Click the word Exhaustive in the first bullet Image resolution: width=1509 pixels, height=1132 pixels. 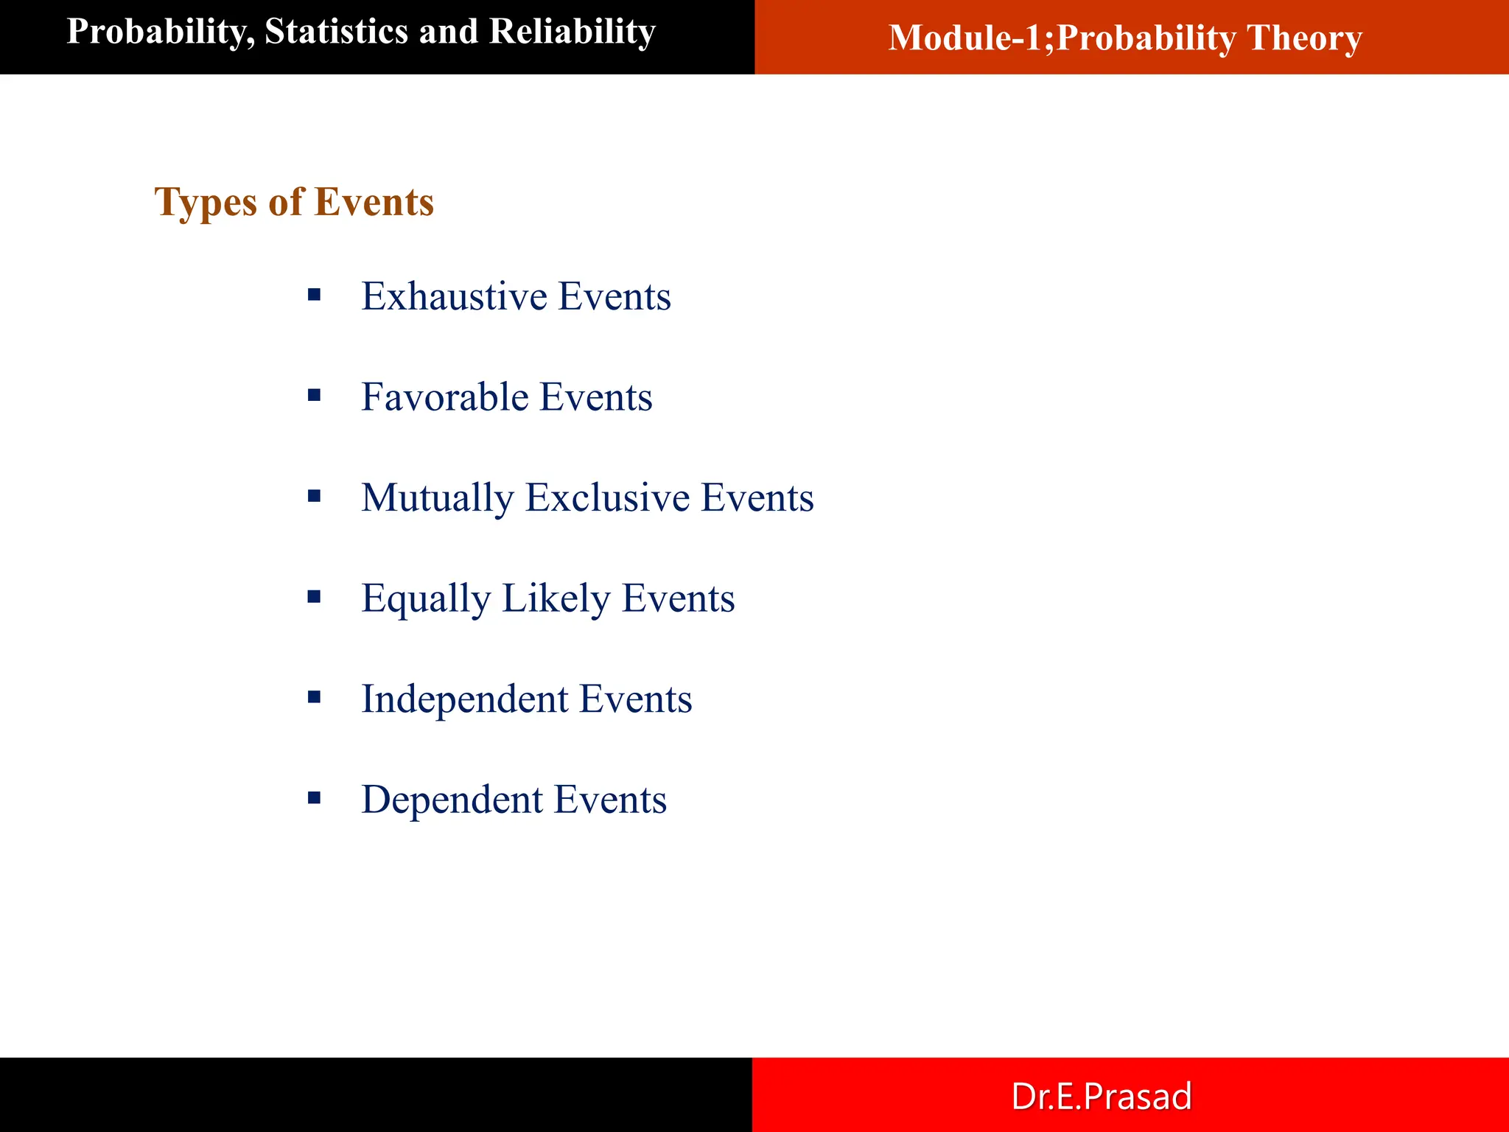(454, 296)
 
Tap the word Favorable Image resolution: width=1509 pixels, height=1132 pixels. (444, 397)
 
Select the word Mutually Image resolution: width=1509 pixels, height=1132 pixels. (437, 498)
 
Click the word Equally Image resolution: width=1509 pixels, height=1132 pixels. (425, 598)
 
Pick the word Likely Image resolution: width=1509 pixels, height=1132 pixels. (556, 598)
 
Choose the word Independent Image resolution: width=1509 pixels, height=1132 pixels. (464, 699)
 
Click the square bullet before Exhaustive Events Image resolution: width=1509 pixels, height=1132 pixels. (315, 296)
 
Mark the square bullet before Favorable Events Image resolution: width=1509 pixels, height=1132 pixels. (315, 396)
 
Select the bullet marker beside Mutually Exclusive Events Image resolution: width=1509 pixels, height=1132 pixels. (315, 497)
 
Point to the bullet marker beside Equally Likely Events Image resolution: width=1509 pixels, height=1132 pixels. (315, 597)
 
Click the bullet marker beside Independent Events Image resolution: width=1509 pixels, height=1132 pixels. (315, 697)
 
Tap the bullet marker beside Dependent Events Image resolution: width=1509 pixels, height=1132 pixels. (315, 798)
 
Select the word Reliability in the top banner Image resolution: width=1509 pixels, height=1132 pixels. (572, 32)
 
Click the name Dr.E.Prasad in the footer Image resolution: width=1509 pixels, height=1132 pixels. (1101, 1096)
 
